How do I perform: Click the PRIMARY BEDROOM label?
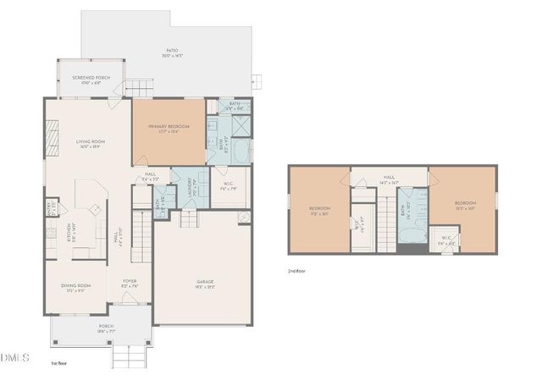coord(169,126)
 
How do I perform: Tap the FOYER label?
coord(130,282)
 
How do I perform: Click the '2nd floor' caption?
coord(299,271)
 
